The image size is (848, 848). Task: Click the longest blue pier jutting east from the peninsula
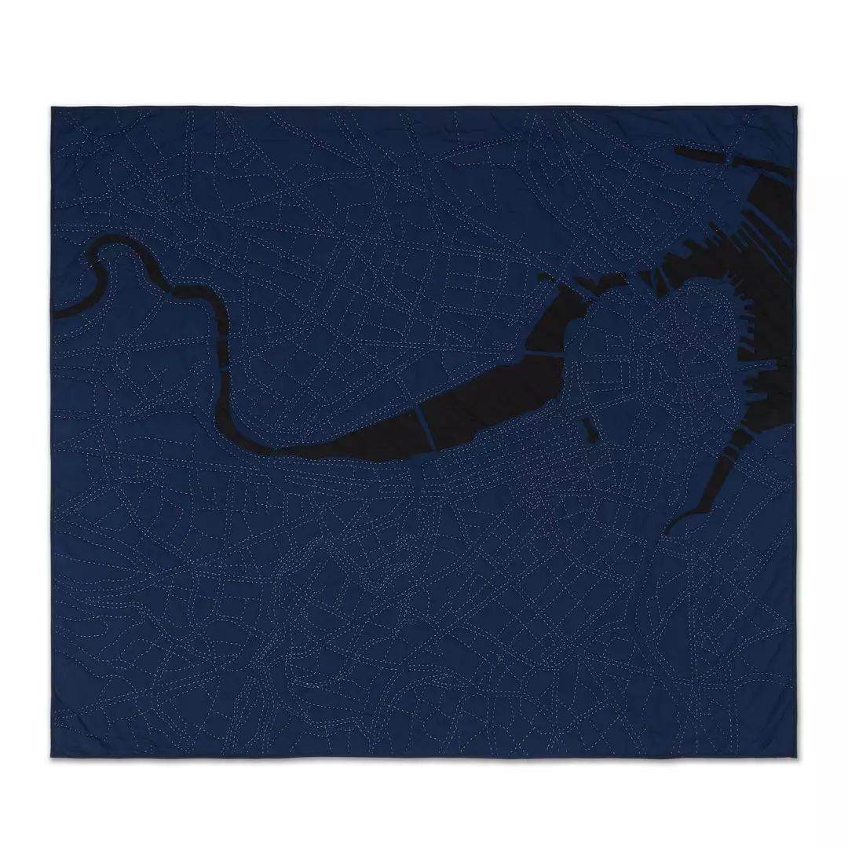[773, 366]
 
